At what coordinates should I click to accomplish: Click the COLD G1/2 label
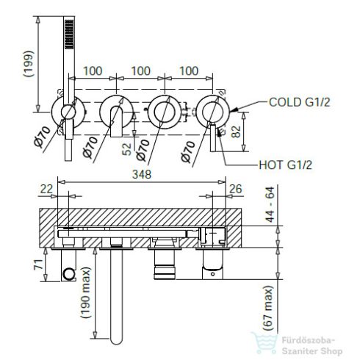coord(300,102)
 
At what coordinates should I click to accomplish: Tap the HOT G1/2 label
coord(286,165)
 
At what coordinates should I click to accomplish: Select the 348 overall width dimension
coord(142,174)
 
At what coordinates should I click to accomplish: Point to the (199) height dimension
coord(29,64)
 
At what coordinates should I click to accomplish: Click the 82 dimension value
coord(236,132)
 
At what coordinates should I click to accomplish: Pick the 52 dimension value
coord(127,149)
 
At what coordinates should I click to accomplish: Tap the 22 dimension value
coord(46,189)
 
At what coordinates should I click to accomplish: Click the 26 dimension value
coord(236,189)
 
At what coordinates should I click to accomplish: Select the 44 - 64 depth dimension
coord(270,204)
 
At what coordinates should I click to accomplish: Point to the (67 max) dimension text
coord(267,309)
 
